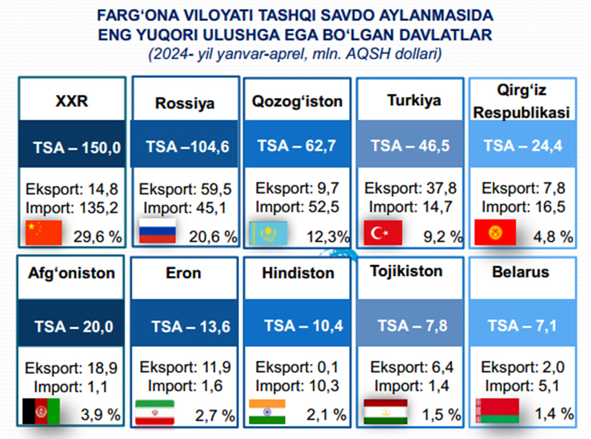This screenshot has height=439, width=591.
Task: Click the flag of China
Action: pyautogui.click(x=44, y=232)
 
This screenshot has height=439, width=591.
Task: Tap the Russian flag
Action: pyautogui.click(x=157, y=231)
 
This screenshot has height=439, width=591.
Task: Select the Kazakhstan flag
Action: pyautogui.click(x=268, y=233)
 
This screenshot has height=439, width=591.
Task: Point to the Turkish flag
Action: pyautogui.click(x=383, y=233)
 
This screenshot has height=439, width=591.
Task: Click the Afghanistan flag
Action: pyautogui.click(x=41, y=411)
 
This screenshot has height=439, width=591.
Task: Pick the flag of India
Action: pyautogui.click(x=267, y=412)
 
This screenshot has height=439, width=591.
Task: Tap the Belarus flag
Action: pyautogui.click(x=497, y=410)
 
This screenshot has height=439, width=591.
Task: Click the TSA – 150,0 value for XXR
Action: pyautogui.click(x=77, y=147)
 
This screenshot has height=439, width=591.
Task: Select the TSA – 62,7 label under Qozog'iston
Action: pyautogui.click(x=297, y=146)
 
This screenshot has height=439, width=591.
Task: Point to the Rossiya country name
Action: pyautogui.click(x=184, y=103)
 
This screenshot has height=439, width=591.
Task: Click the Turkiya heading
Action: pyautogui.click(x=414, y=101)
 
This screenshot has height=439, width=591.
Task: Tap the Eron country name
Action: pyautogui.click(x=184, y=273)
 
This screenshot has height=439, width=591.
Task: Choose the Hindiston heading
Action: pyautogui.click(x=298, y=273)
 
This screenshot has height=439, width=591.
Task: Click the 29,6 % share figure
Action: pyautogui.click(x=97, y=236)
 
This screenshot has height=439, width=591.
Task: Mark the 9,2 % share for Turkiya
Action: pyautogui.click(x=443, y=236)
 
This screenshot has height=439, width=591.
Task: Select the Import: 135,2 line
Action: pyautogui.click(x=71, y=208)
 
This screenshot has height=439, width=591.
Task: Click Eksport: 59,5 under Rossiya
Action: pyautogui.click(x=185, y=189)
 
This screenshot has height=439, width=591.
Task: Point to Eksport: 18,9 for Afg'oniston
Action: pyautogui.click(x=71, y=368)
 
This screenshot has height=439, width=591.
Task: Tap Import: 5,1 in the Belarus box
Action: pyautogui.click(x=522, y=386)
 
